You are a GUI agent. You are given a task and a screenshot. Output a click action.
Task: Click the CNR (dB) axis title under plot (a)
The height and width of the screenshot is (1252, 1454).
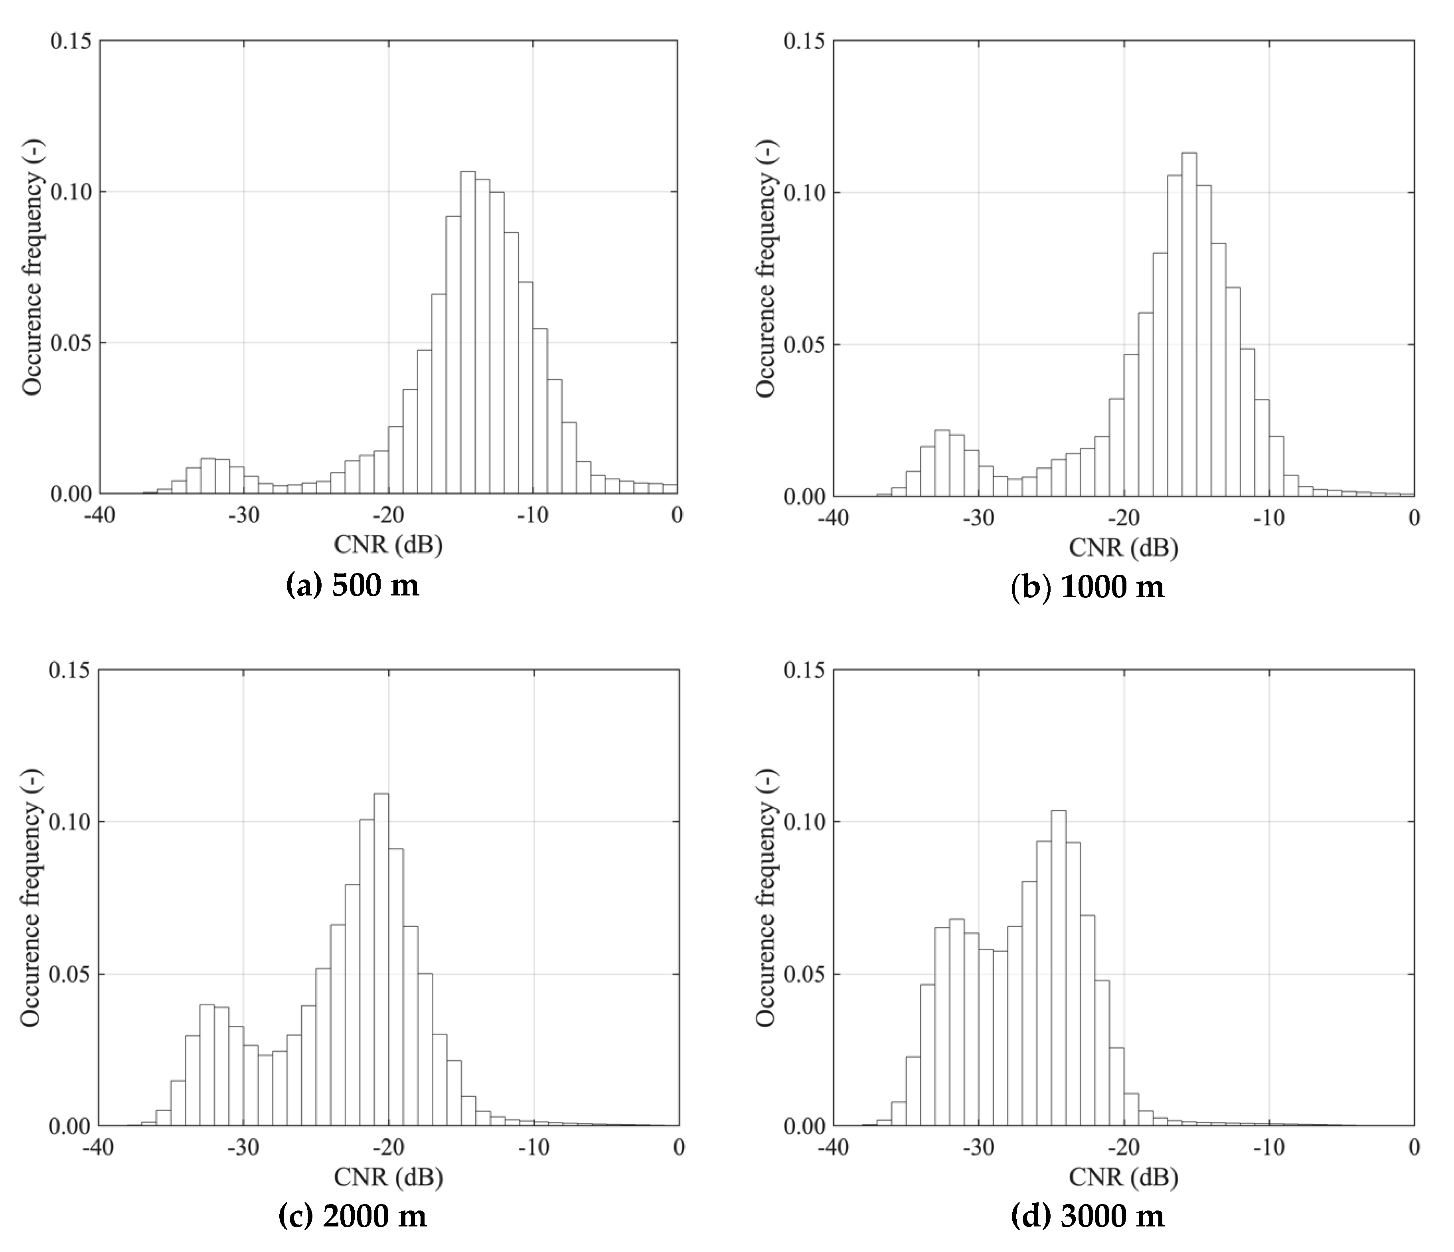(x=388, y=545)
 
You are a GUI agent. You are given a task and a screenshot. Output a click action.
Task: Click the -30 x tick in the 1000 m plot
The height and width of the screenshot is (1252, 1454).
(x=978, y=518)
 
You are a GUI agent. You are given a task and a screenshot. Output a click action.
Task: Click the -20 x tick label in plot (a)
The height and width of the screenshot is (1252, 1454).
(x=388, y=516)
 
